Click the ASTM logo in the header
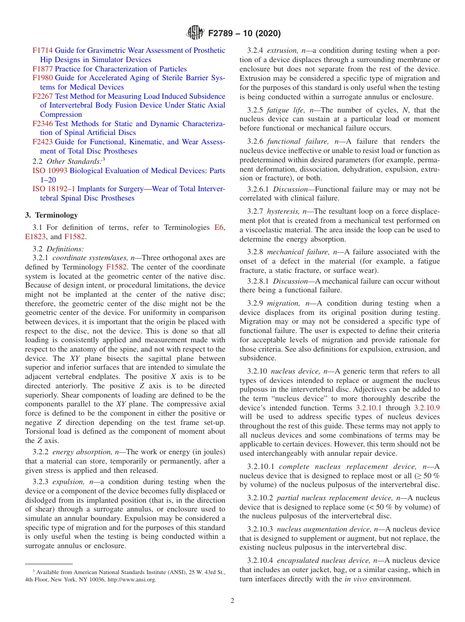(195, 33)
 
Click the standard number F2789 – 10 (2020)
(244, 34)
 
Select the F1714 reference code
(43, 50)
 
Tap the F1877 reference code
(43, 69)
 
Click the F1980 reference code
(43, 78)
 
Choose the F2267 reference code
(43, 96)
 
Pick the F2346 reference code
(43, 124)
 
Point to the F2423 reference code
(43, 142)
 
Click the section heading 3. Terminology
(51, 215)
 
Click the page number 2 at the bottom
(232, 601)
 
